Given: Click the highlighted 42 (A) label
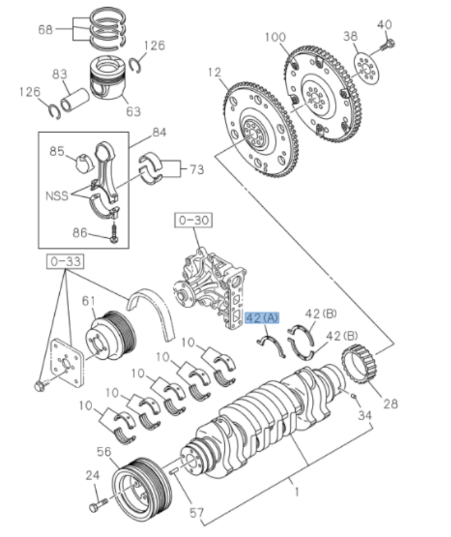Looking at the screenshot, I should pyautogui.click(x=262, y=317).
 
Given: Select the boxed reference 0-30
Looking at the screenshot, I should pyautogui.click(x=193, y=221).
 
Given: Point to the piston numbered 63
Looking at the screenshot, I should pyautogui.click(x=106, y=81).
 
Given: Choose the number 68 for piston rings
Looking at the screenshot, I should pyautogui.click(x=44, y=29).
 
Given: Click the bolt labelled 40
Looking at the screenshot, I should pyautogui.click(x=389, y=44).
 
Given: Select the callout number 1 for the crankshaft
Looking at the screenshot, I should pyautogui.click(x=297, y=493).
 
